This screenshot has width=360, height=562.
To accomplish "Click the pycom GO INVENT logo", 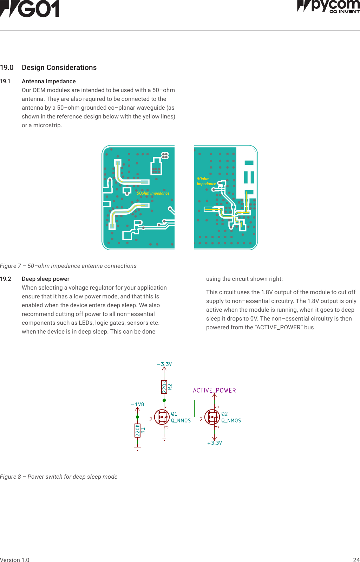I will [x=328, y=6].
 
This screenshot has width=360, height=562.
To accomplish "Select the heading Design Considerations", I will [x=59, y=67].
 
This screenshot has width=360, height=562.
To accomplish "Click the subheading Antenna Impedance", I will [x=49, y=81].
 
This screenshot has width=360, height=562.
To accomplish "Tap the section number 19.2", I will [x=6, y=279].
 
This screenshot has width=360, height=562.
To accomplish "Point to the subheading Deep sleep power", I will [x=46, y=279].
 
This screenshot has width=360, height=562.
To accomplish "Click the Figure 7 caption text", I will [x=68, y=266].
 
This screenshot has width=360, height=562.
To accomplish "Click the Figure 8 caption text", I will [x=59, y=477].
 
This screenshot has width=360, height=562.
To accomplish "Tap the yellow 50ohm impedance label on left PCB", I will [x=153, y=193].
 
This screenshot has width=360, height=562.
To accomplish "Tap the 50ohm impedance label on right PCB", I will [x=206, y=181].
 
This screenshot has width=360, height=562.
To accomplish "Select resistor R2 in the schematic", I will [x=164, y=387].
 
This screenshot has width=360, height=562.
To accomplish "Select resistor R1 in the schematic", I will [x=138, y=430].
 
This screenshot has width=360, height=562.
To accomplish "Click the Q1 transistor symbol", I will [x=162, y=417].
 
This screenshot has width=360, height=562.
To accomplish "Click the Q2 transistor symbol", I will [x=212, y=417].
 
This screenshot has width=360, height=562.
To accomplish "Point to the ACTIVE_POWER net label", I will [x=214, y=390].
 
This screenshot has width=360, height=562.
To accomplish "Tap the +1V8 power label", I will [x=137, y=405].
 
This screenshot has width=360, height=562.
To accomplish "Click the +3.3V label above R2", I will [x=164, y=364].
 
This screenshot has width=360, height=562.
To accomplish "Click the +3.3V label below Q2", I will [x=215, y=443].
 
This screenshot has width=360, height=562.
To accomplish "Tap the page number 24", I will [x=356, y=560].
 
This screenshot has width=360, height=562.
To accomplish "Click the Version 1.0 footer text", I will [x=15, y=560].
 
